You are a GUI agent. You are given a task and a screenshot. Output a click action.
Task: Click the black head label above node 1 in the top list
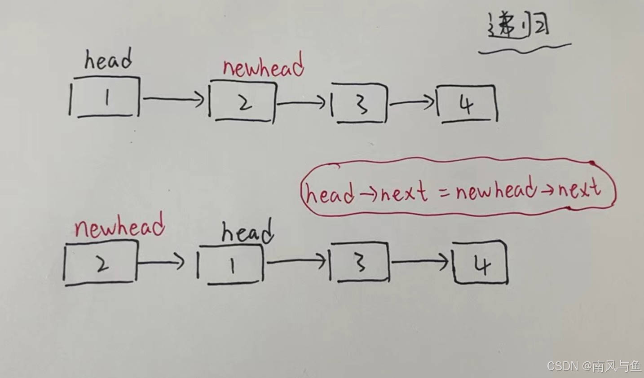108,61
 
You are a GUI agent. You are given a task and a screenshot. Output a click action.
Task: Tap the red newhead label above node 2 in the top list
263,67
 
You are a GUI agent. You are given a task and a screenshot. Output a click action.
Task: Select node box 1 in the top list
105,97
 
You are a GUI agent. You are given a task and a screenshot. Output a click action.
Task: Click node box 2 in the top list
243,102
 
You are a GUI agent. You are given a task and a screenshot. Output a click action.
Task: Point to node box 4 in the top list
468,104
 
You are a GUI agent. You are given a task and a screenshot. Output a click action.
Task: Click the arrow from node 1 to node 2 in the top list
173,99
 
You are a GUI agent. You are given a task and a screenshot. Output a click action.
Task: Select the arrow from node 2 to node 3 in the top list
301,103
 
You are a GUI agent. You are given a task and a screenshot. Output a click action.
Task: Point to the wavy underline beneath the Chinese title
525,48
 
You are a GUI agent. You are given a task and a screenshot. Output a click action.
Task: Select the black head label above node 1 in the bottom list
247,233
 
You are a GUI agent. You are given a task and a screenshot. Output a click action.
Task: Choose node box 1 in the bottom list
230,265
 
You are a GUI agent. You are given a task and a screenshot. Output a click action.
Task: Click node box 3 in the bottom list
359,263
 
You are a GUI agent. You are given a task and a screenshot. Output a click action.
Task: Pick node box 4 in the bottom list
481,264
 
